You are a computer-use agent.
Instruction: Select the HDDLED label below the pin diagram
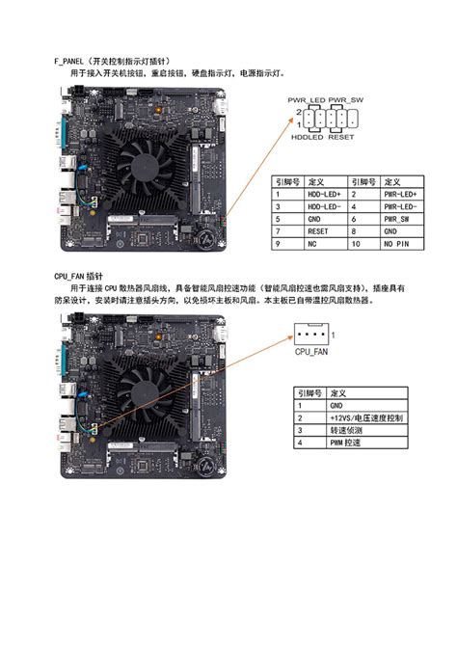(x=308, y=137)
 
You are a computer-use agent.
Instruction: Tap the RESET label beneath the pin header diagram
(x=341, y=137)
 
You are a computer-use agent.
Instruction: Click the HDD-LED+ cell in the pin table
(x=324, y=194)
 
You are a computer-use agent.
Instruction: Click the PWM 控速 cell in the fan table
(x=344, y=443)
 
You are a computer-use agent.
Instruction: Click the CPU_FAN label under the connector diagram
(x=310, y=353)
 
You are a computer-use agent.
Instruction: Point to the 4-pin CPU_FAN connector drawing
(x=310, y=336)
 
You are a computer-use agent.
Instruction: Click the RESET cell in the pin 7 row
(x=319, y=232)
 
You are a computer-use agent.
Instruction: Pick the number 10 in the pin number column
(x=357, y=245)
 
